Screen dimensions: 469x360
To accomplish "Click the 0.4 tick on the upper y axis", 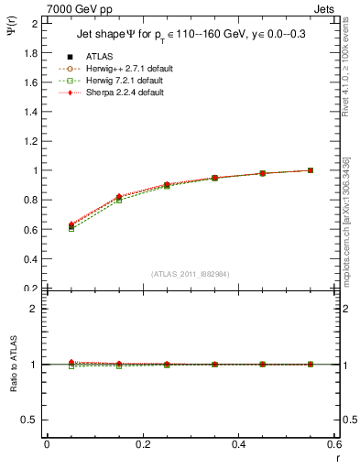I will [32, 259].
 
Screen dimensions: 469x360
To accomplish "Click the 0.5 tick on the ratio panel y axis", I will [32, 420].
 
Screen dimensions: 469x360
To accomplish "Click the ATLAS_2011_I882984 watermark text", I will [190, 275].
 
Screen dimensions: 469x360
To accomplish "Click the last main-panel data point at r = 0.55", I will [311, 170].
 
